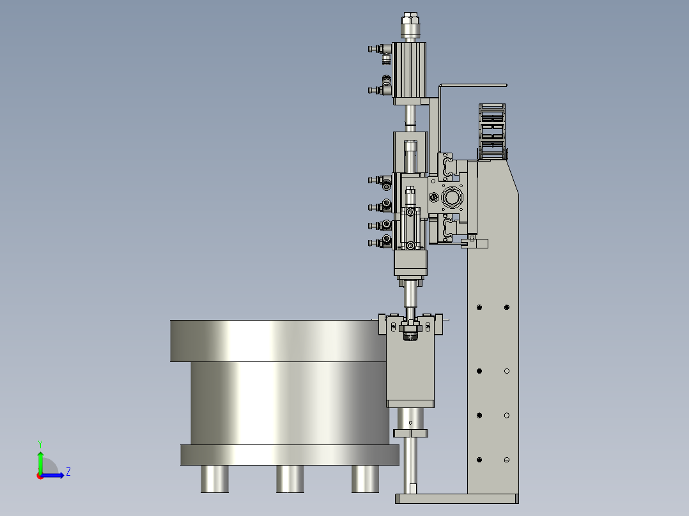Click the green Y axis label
(40, 444)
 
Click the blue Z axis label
(68, 472)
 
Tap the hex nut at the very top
(410, 19)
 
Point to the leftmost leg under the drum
(215, 479)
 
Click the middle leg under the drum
(290, 479)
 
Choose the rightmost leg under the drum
(365, 479)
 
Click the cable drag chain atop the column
(492, 132)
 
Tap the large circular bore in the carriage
(452, 197)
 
